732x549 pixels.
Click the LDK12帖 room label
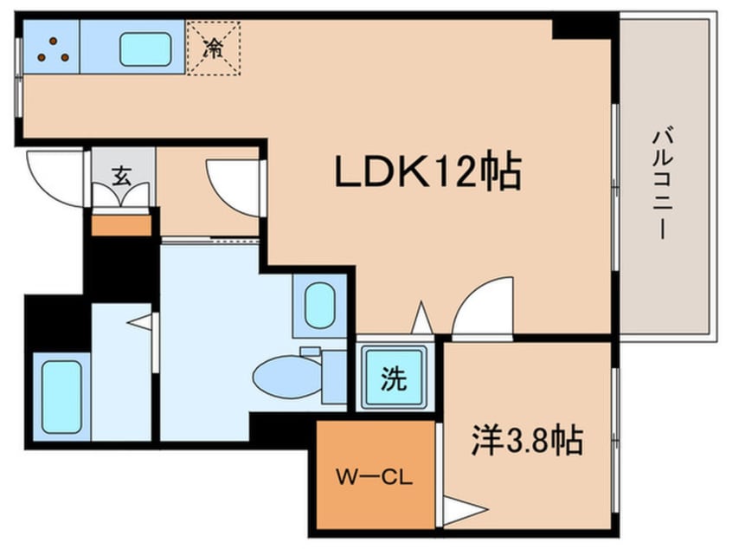(x=427, y=173)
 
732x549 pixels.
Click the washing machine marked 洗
(x=394, y=379)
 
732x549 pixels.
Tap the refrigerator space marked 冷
(x=213, y=47)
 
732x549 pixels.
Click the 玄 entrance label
(x=123, y=174)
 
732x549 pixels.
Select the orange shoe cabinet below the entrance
(x=121, y=225)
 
